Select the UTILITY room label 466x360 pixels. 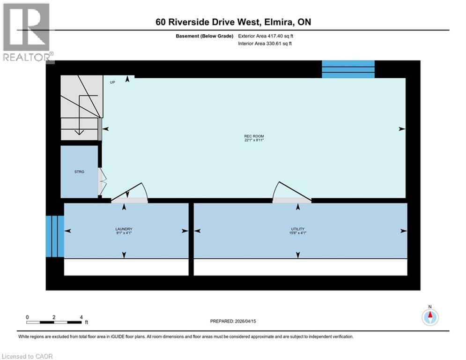pos(298,229)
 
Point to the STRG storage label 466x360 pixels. pos(79,172)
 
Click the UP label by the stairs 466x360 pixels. pos(112,82)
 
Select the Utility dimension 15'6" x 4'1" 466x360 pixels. pos(298,233)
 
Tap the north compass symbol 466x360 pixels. pos(430,316)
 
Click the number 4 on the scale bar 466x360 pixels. pos(81,317)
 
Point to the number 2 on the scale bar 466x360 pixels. pos(54,317)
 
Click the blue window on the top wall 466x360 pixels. pos(348,69)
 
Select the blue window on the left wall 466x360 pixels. pos(55,236)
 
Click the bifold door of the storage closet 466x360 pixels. pos(101,181)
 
